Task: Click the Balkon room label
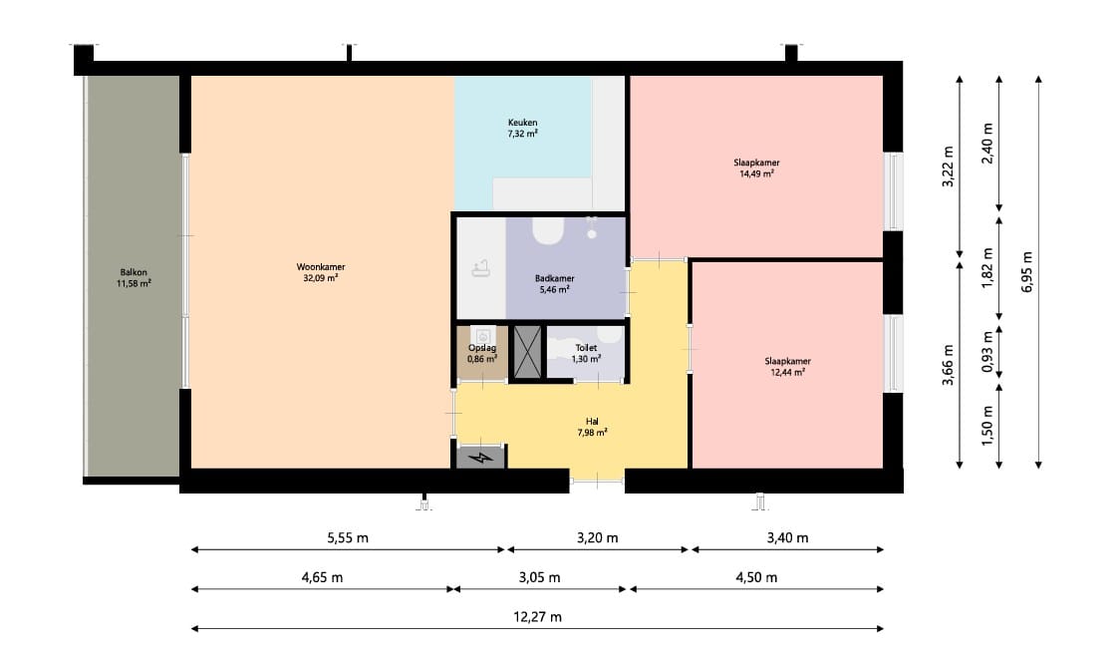point(134,278)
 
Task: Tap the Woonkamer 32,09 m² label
point(320,272)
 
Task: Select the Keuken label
point(522,128)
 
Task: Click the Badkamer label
point(554,283)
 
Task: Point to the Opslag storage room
point(482,353)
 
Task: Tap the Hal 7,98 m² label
point(592,427)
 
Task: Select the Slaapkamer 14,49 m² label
point(756,168)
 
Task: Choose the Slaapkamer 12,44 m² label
point(788,366)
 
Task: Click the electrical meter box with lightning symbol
point(481,457)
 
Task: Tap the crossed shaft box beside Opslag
point(527,351)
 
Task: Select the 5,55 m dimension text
point(348,538)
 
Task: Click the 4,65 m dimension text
point(323,577)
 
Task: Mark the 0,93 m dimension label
point(987,352)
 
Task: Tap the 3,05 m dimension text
point(539,577)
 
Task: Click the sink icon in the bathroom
point(481,268)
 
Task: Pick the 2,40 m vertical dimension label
point(987,144)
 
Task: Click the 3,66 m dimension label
point(948,365)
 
